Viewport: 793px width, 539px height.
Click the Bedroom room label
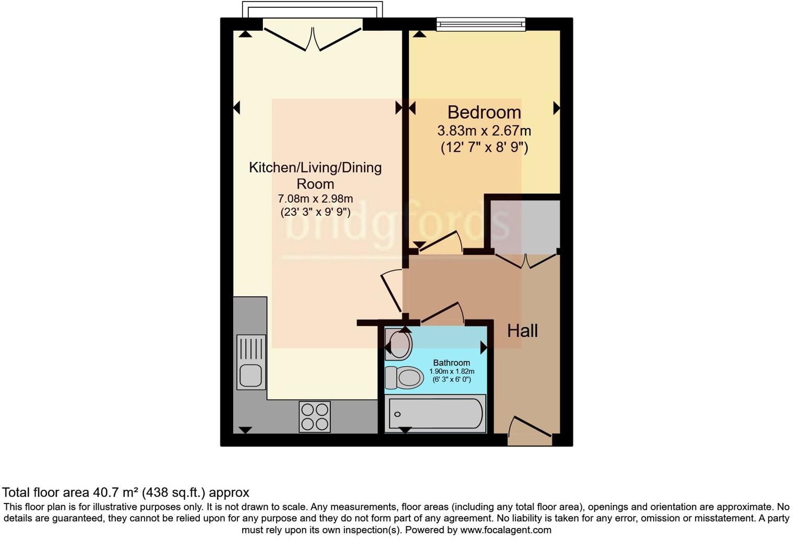484,112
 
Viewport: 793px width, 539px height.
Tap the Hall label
522,331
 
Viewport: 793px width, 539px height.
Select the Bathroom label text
451,362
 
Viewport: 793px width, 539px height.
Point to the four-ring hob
315,416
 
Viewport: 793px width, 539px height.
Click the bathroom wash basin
399,344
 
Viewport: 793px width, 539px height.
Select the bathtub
435,414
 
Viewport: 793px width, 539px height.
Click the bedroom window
480,24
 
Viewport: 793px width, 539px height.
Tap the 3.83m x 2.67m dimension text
484,131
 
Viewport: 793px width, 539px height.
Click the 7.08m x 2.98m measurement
315,198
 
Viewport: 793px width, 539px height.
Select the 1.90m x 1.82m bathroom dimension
451,371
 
